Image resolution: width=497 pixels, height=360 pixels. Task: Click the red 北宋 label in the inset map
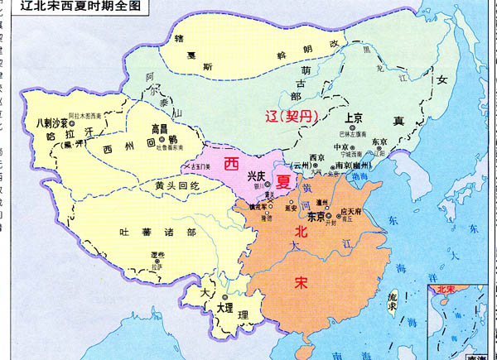[446, 291]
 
